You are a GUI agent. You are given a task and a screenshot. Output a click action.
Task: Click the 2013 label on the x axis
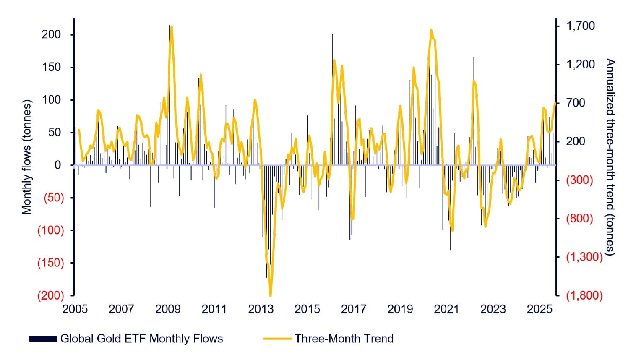tap(261, 309)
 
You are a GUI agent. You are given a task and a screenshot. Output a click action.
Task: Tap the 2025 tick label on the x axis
tap(539, 309)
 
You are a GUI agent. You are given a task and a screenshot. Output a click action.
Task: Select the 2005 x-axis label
tap(75, 309)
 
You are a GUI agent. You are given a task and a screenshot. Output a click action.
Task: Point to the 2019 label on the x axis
tap(400, 309)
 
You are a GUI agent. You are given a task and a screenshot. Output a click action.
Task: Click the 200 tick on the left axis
tap(51, 34)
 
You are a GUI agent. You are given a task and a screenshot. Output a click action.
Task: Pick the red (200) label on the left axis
tap(51, 295)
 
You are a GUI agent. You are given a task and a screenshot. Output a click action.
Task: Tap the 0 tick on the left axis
tap(58, 165)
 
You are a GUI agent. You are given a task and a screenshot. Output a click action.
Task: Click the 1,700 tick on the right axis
tap(580, 26)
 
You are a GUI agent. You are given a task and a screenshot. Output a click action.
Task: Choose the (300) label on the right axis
tap(579, 180)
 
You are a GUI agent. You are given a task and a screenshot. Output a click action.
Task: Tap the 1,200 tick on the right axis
tap(580, 64)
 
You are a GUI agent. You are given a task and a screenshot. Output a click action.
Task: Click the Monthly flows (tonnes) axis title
tap(27, 157)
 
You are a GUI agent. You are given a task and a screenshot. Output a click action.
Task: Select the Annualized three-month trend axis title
tap(610, 157)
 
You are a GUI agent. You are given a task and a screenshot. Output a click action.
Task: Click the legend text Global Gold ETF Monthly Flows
tap(141, 339)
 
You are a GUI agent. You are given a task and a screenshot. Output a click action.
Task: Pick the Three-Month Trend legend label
tap(344, 339)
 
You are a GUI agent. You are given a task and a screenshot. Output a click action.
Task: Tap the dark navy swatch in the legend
tap(43, 339)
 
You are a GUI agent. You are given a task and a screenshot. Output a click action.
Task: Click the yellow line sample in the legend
tap(277, 339)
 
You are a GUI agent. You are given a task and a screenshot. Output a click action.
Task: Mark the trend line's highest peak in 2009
tap(172, 27)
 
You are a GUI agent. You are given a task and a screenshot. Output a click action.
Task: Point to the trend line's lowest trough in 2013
tap(270, 295)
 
